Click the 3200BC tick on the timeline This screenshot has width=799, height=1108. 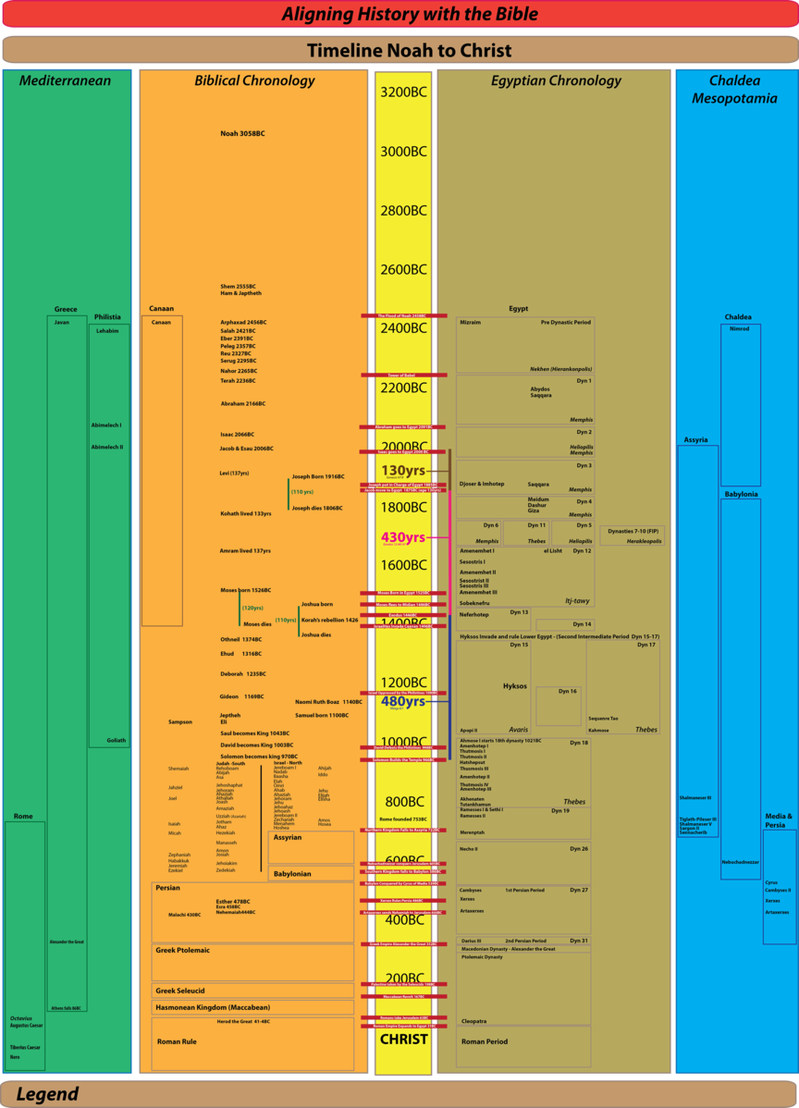click(403, 92)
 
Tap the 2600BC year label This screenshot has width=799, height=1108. click(403, 269)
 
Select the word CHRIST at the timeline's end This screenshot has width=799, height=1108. click(403, 1039)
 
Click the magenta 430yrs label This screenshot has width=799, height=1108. click(403, 537)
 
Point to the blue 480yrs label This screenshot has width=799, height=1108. click(403, 701)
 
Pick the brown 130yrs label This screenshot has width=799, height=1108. click(403, 471)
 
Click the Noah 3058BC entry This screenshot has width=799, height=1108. click(242, 134)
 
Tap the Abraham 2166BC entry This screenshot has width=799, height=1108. click(242, 404)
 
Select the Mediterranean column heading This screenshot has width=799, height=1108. click(65, 80)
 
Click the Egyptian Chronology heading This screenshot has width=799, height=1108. click(556, 80)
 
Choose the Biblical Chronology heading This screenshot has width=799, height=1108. click(254, 80)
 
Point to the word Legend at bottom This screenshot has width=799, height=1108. click(47, 1094)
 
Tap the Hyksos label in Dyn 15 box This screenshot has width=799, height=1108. click(515, 686)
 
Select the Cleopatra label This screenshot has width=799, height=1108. click(473, 1021)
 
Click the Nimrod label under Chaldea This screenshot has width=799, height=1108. click(739, 328)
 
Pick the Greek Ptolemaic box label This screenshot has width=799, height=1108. click(182, 950)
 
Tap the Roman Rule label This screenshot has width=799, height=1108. click(177, 1041)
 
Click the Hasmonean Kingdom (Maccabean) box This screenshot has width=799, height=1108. click(212, 1007)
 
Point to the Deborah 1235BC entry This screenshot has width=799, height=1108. click(242, 674)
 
